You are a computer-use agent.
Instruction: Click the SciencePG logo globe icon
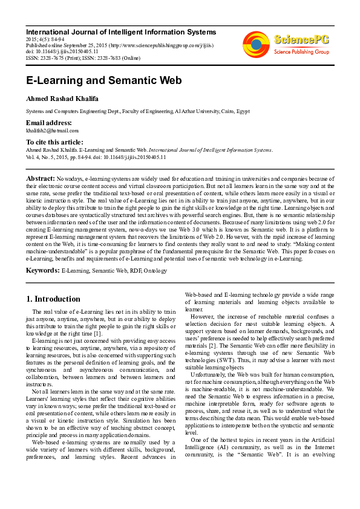[256, 43]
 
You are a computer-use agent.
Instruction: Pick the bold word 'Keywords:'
[43, 270]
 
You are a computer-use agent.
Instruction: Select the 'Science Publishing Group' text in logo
[301, 52]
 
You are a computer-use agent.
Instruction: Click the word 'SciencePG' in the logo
[302, 41]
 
